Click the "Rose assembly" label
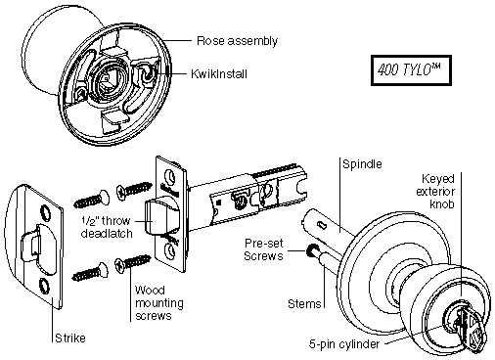[237, 41]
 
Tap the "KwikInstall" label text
[219, 74]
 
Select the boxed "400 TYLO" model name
[409, 69]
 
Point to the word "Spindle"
[362, 163]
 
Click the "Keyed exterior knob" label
[435, 192]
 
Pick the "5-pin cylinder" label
[344, 344]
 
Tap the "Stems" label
[304, 304]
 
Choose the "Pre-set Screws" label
[263, 249]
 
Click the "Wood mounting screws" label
[159, 303]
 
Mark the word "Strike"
[70, 338]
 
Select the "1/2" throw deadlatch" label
[107, 227]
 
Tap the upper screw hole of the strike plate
[44, 211]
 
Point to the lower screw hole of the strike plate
[43, 285]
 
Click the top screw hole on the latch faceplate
[170, 176]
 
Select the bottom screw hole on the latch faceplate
[170, 251]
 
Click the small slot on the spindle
[322, 225]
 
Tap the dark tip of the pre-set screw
[310, 249]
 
